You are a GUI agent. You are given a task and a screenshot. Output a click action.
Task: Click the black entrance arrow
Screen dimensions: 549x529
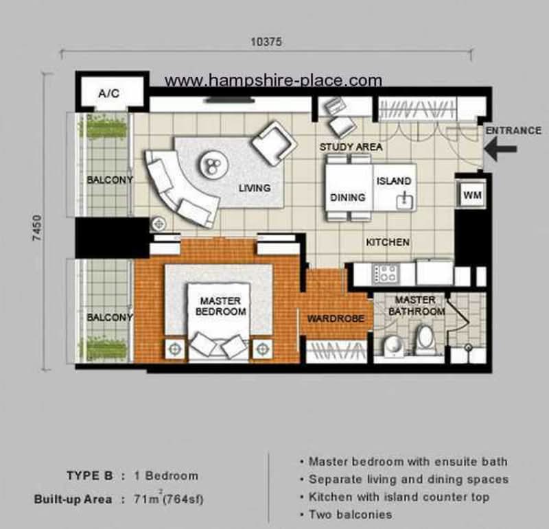click(x=501, y=149)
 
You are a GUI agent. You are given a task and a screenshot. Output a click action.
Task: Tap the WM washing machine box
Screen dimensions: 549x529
click(x=471, y=195)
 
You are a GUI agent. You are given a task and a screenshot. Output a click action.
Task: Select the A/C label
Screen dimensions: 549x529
click(x=109, y=93)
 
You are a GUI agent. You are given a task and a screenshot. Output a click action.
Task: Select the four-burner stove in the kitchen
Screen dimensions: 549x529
click(x=386, y=274)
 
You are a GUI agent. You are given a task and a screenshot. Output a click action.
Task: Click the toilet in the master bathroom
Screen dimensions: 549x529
click(x=425, y=337)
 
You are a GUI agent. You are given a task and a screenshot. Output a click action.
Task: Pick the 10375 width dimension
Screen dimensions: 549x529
click(x=266, y=42)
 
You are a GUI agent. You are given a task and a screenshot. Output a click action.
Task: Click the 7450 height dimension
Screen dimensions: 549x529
click(x=37, y=228)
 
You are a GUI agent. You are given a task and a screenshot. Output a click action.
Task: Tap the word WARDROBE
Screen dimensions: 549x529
click(x=336, y=318)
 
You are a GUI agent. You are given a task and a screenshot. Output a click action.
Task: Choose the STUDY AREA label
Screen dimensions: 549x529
click(x=351, y=147)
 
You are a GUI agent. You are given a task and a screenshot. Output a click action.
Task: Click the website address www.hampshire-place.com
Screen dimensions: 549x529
click(x=273, y=81)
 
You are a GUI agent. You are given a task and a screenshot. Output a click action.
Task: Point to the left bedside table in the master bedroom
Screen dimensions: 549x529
click(x=175, y=349)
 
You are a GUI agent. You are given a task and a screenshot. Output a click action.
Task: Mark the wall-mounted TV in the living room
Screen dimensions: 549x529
click(x=230, y=100)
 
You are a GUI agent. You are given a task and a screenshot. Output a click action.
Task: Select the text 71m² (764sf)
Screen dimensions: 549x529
click(x=168, y=499)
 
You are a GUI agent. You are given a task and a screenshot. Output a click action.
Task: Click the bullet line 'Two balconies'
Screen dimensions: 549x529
click(x=347, y=515)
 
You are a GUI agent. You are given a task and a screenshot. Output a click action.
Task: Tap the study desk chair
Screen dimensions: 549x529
click(x=342, y=127)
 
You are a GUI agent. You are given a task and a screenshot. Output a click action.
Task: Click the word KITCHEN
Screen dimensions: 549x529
click(x=388, y=242)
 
